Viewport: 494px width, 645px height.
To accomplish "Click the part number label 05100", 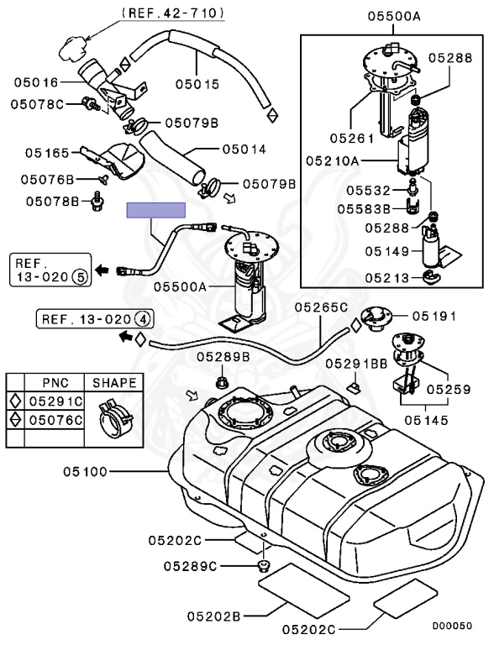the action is point(85,471).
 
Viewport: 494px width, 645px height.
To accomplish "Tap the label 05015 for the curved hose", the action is point(197,84).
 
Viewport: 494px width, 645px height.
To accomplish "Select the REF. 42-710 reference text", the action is point(173,13).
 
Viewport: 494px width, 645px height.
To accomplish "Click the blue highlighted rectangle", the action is point(155,210).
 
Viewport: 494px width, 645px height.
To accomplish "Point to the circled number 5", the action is point(80,277).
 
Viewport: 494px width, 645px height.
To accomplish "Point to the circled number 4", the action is point(143,319).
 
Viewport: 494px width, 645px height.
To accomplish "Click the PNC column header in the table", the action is point(55,383).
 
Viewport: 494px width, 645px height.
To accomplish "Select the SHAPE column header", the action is point(114,383).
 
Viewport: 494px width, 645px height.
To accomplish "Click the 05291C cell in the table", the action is point(55,401).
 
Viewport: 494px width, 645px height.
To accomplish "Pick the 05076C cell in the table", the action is point(55,420).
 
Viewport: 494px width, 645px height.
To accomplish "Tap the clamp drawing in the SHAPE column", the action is point(115,417).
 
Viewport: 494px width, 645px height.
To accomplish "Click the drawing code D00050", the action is point(452,626).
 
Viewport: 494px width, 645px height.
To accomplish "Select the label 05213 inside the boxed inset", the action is point(387,278).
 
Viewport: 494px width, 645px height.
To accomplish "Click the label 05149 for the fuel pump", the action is point(387,251).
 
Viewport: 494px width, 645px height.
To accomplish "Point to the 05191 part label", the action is point(434,316).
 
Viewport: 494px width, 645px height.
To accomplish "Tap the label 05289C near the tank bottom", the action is point(190,566).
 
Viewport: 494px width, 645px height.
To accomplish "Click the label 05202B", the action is point(213,616).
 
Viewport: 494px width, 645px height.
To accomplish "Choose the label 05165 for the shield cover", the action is point(47,153).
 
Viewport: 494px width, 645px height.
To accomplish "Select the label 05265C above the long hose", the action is point(321,307).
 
